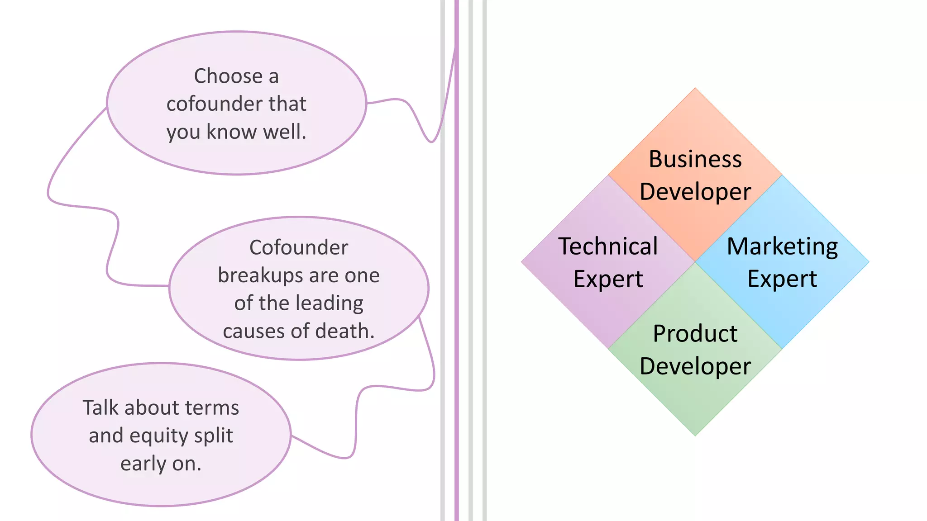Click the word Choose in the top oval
tap(228, 76)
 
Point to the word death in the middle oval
tap(345, 331)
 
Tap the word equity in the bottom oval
tap(158, 436)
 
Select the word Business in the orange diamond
tap(695, 159)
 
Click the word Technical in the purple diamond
tap(608, 246)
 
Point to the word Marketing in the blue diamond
tap(782, 247)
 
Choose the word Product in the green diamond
tap(695, 334)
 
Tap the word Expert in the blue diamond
tap(782, 279)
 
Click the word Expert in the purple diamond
tap(608, 279)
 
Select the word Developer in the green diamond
tap(695, 366)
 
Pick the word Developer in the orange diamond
tap(695, 192)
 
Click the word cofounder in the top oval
tap(214, 104)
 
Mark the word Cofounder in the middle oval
tap(299, 247)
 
